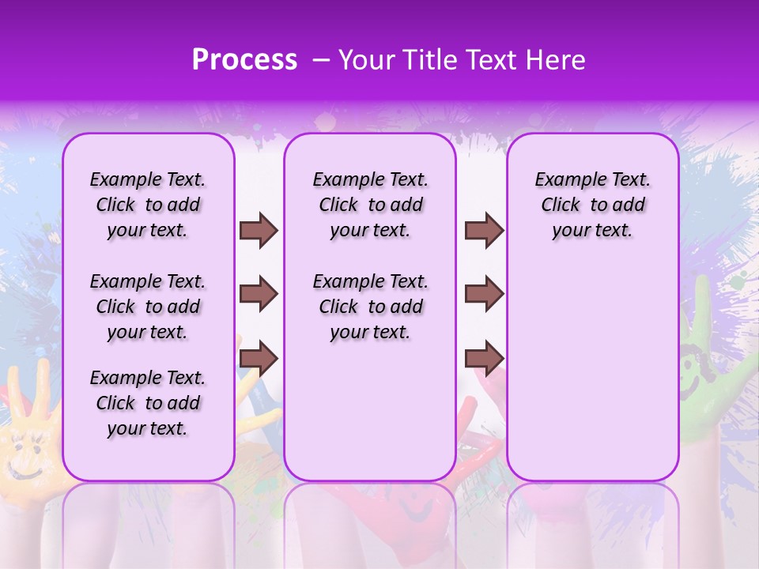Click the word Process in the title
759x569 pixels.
coord(244,60)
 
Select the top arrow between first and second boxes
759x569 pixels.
coord(259,230)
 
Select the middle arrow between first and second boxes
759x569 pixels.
coord(259,295)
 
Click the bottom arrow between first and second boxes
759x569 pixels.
coord(259,359)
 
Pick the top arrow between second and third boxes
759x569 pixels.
coord(484,230)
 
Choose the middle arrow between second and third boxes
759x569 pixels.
coord(484,295)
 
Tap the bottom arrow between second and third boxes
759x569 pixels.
coord(484,359)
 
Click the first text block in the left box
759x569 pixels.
coord(148,205)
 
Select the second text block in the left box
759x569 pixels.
coord(148,307)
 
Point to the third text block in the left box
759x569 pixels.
coord(148,403)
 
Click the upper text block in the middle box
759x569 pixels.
coord(370,205)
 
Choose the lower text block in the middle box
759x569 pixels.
coord(370,307)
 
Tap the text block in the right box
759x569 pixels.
coord(592,205)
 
